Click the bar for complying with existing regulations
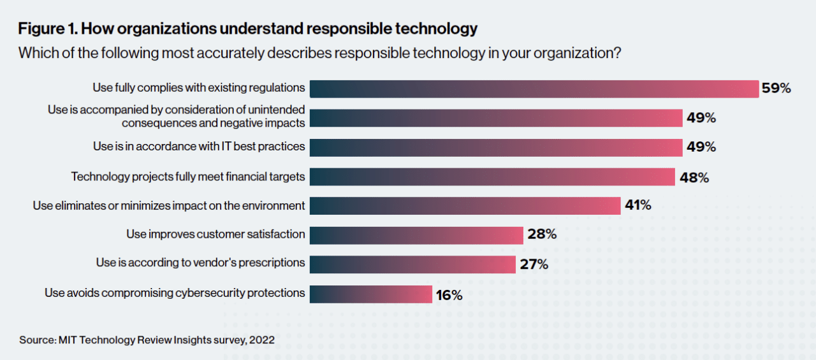coord(534,89)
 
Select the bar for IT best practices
coord(496,147)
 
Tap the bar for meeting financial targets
coord(492,176)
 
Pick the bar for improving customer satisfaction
coord(416,234)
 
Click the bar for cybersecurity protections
coord(371,294)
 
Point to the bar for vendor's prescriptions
coord(412,264)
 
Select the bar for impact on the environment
coord(465,205)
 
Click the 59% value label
coord(776,89)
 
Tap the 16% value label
coord(449,295)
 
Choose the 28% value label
coord(542,234)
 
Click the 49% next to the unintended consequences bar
coord(701,118)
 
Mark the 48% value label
coord(694,177)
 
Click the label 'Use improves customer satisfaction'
coord(215,234)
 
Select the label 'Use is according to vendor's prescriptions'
coord(200,263)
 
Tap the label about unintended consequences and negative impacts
coord(177,116)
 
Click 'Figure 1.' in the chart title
coord(48,29)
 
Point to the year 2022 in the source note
coord(262,340)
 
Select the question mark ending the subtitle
coord(617,53)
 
